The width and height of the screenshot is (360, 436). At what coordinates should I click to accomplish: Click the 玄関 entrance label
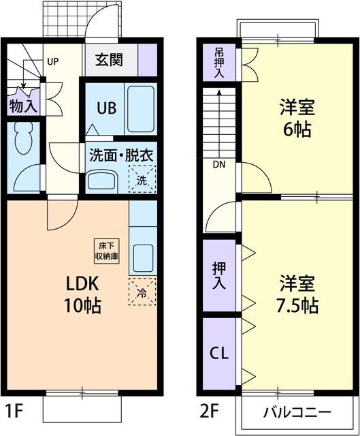tap(109, 61)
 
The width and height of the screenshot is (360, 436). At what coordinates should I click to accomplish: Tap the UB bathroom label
tap(105, 108)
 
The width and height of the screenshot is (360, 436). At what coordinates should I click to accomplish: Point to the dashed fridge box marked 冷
tap(142, 293)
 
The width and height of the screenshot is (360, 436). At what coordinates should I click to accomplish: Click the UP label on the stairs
tap(53, 61)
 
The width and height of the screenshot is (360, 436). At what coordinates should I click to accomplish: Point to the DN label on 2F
tap(218, 164)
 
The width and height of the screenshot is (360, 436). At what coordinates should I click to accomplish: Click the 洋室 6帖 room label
tap(296, 119)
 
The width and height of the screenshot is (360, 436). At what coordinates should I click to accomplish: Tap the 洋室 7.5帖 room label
tap(297, 293)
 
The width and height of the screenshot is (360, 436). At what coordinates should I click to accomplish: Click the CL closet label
tap(218, 353)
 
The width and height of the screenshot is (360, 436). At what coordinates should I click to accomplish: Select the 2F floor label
tap(210, 412)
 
